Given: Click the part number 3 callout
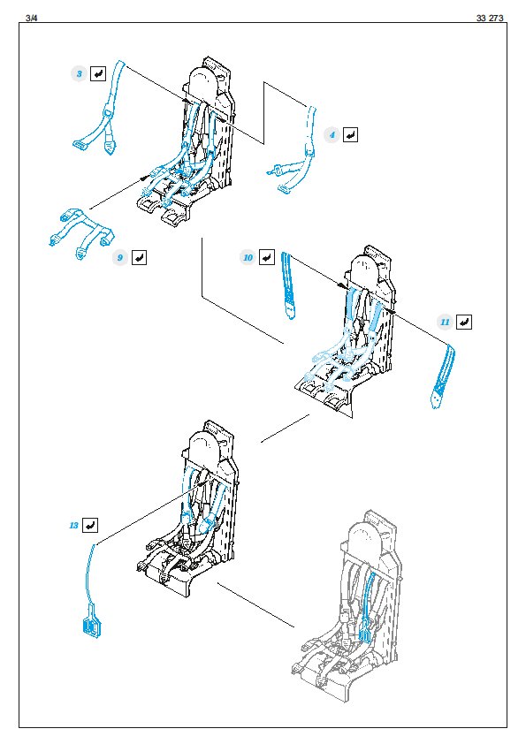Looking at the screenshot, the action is (80, 74).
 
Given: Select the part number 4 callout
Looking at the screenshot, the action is (332, 135).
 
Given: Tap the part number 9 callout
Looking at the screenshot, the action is (120, 258).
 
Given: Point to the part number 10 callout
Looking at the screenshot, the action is (248, 258).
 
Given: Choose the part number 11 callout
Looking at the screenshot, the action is (445, 323).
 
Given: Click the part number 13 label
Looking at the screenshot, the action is (73, 525).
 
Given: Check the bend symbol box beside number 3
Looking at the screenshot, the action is (98, 73).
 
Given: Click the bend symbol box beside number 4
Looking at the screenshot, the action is (350, 135).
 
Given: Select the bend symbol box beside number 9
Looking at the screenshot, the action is (139, 258).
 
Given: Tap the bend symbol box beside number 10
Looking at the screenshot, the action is (267, 258).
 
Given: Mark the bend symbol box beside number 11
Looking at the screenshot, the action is (464, 323).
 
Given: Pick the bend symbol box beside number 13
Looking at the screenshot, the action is (90, 525).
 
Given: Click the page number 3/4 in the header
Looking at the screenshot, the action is (31, 18).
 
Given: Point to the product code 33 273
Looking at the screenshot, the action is (490, 18).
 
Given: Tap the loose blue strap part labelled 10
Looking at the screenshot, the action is (287, 285).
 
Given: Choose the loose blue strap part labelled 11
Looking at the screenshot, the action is (443, 375).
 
